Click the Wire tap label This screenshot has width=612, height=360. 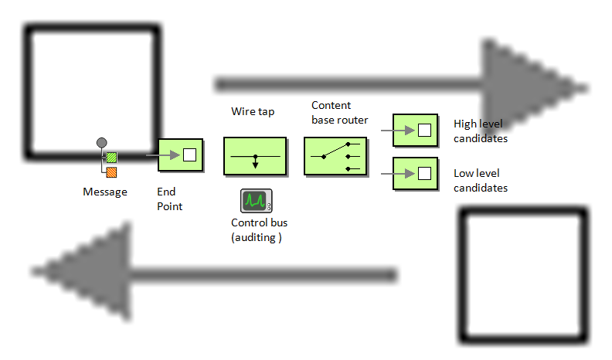[253, 111]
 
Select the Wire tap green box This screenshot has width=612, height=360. [255, 157]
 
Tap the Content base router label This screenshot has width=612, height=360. [340, 112]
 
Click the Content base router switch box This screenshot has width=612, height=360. [335, 157]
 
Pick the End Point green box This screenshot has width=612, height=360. [180, 155]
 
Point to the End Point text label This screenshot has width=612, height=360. [169, 199]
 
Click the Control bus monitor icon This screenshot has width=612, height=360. [256, 201]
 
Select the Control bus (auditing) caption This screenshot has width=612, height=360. [259, 230]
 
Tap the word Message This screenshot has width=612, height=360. [105, 192]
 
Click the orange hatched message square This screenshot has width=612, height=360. [111, 172]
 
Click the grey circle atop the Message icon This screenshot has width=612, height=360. [100, 142]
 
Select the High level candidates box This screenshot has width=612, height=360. [416, 130]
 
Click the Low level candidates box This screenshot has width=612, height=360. [416, 173]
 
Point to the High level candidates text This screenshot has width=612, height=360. [480, 131]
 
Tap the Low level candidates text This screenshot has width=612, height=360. [480, 180]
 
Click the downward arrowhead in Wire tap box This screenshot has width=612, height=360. [255, 164]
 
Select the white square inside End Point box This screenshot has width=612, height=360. [189, 155]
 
